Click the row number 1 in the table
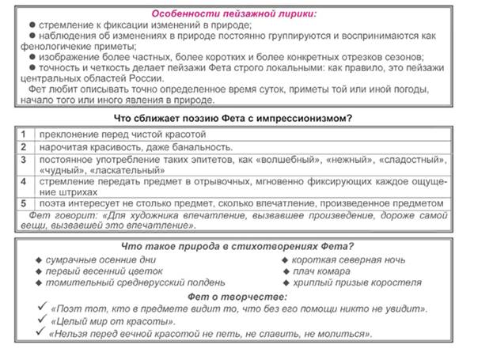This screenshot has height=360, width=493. [x=25, y=134]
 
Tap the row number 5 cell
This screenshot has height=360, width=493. [x=25, y=204]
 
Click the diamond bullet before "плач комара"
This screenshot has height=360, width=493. [x=286, y=271]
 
